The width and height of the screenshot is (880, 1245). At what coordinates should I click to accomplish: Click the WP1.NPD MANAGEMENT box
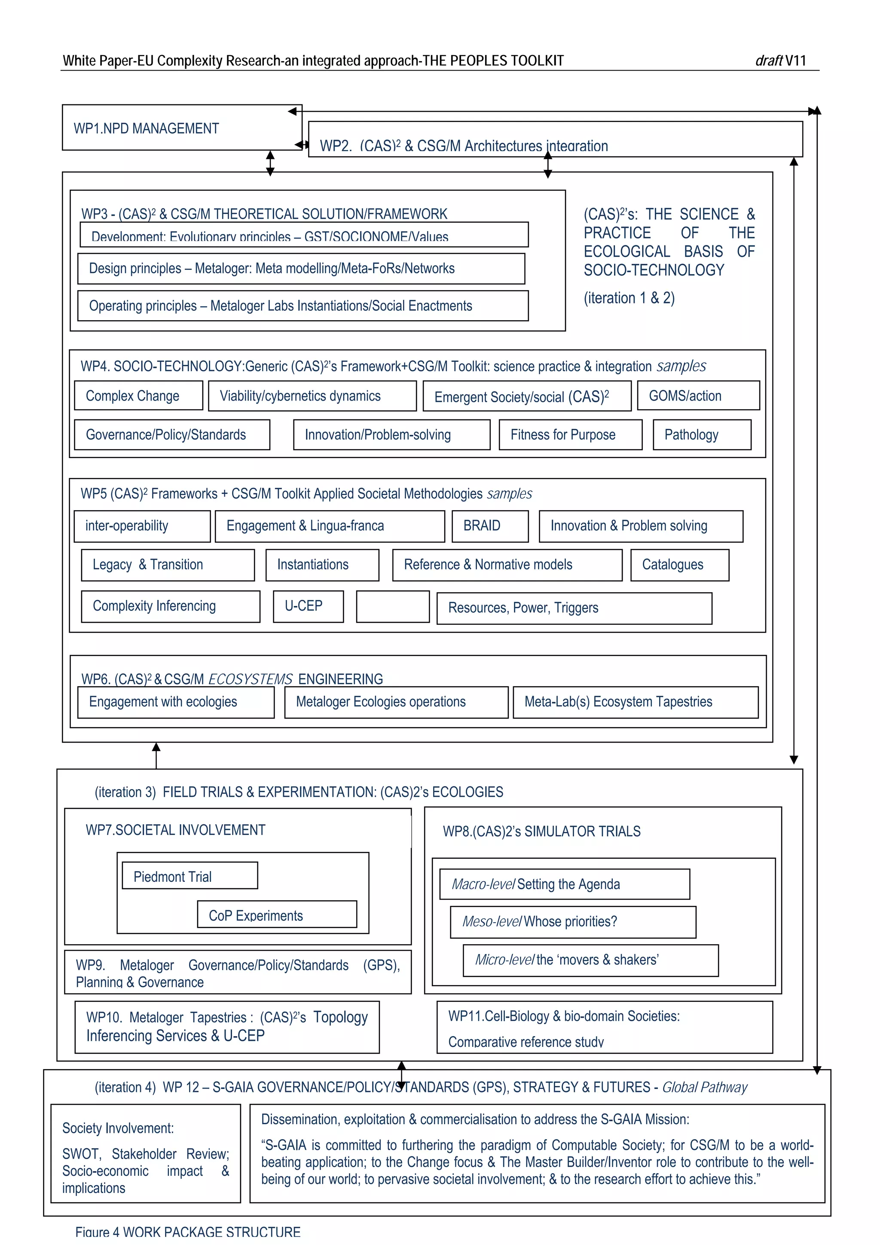(x=182, y=128)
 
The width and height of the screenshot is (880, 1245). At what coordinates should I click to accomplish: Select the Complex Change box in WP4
(x=138, y=396)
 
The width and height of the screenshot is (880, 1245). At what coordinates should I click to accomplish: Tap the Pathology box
(x=702, y=435)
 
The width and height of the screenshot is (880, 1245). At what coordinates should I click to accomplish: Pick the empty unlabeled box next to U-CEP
(x=393, y=607)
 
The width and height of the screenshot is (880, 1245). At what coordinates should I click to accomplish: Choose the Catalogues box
(x=679, y=565)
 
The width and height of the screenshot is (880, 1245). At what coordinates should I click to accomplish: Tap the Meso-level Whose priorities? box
(x=573, y=922)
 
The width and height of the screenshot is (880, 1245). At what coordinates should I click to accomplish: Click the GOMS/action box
(x=698, y=396)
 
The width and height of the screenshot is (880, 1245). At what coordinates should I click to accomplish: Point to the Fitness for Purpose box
(x=570, y=435)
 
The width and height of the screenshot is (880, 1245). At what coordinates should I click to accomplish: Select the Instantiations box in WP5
(x=322, y=565)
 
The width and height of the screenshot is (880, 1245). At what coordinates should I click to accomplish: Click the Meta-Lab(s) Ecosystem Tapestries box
(x=635, y=702)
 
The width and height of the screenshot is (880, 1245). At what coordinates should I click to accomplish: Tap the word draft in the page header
(x=768, y=61)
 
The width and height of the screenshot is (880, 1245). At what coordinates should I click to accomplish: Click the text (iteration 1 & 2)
(x=629, y=298)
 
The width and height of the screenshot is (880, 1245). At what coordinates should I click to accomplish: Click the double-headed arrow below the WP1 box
(x=270, y=163)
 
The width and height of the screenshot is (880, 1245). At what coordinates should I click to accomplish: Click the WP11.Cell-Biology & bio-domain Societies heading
(x=563, y=1016)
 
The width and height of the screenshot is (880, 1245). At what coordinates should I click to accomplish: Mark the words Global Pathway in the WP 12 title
(x=704, y=1087)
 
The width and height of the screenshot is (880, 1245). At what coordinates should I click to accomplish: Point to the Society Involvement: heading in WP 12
(x=118, y=1129)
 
